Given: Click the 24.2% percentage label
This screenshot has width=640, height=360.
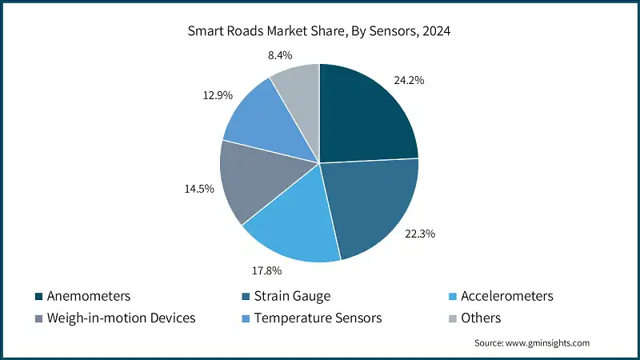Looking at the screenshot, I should [x=409, y=81].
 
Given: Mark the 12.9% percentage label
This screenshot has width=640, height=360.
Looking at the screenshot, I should [x=216, y=95].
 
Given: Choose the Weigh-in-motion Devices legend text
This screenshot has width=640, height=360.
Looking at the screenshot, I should [x=122, y=318].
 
